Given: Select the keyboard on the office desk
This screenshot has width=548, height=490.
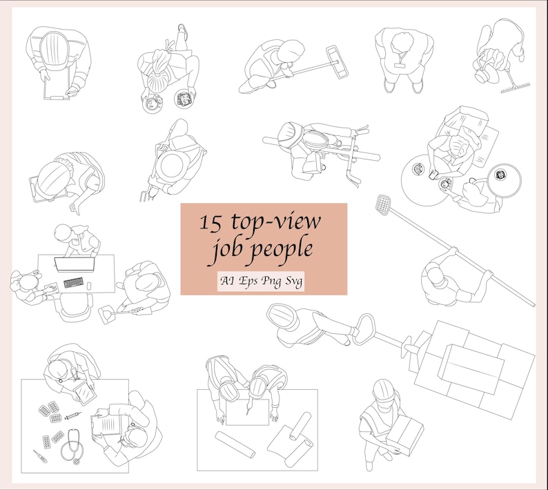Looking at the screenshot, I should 74,283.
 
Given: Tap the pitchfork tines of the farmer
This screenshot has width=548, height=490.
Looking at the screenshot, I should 144,196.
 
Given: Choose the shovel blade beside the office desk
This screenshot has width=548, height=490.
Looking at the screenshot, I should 108,315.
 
